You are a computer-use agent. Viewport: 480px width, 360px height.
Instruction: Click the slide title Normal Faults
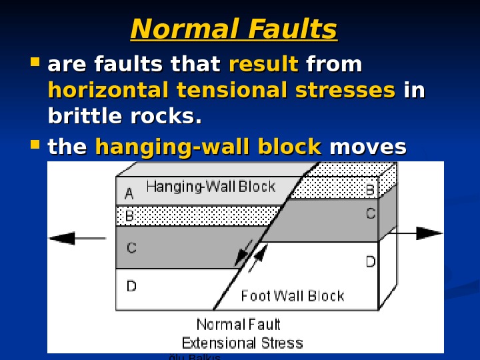coord(234,29)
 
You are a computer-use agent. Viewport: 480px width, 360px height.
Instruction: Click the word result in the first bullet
coord(263,65)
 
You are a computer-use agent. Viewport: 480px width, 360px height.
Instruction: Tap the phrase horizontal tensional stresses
coord(221,90)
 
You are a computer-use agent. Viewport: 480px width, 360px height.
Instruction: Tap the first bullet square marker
coord(35,65)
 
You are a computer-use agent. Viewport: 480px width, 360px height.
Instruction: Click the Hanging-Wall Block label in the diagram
coord(210,187)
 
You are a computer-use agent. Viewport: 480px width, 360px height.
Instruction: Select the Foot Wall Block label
coord(292,295)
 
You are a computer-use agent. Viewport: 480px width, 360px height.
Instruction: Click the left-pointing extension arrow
coord(77,238)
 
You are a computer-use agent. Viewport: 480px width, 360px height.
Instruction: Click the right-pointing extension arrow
coord(417,233)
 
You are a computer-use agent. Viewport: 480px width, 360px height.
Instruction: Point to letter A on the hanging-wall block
coord(129,194)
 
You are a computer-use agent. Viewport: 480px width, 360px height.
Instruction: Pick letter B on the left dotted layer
coord(129,216)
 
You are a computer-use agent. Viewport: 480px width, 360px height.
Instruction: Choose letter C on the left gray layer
coord(131,248)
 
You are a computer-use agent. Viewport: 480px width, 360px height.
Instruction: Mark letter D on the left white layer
coord(131,287)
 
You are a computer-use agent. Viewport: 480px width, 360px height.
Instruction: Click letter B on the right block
coord(370,190)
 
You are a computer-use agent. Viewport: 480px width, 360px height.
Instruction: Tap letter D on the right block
coord(370,262)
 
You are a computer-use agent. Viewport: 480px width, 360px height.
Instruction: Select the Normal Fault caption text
coord(239,325)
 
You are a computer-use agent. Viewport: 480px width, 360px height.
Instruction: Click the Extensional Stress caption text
coord(242,343)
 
